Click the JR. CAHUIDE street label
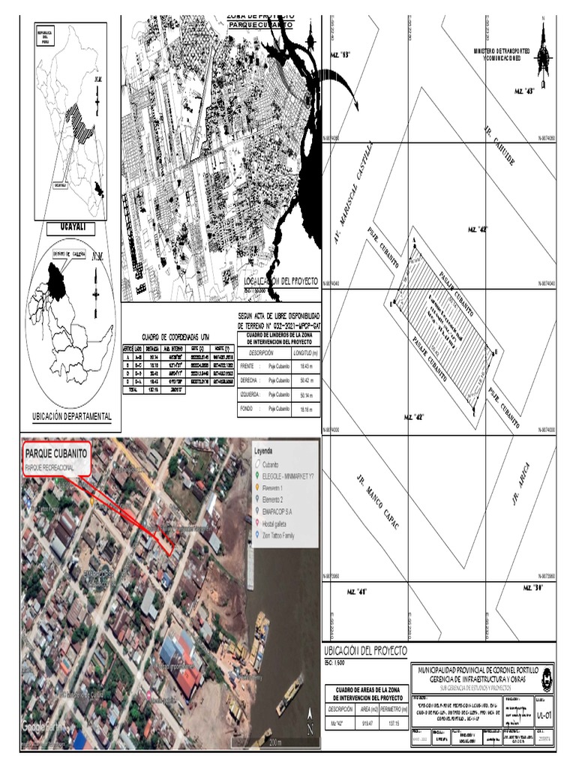(x=500, y=146)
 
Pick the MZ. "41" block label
(x=356, y=592)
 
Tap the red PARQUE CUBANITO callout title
(x=56, y=454)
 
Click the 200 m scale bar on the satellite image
(x=274, y=742)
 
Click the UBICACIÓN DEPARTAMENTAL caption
(x=72, y=416)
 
